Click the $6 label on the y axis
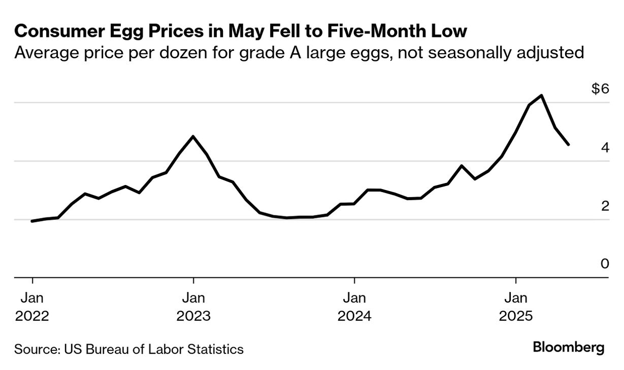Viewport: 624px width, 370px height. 600,89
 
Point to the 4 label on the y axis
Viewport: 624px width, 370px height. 604,148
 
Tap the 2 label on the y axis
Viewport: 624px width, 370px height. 604,206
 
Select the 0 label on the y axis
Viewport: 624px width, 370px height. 604,264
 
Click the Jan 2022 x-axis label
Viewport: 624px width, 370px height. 32,306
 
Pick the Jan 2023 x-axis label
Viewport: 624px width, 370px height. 193,306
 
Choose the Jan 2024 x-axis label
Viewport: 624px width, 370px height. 354,306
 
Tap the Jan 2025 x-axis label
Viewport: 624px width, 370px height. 516,306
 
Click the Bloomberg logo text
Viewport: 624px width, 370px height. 569,348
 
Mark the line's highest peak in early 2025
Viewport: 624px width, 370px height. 542,95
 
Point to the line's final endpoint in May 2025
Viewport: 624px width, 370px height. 568,144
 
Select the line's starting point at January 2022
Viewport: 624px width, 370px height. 32,221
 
